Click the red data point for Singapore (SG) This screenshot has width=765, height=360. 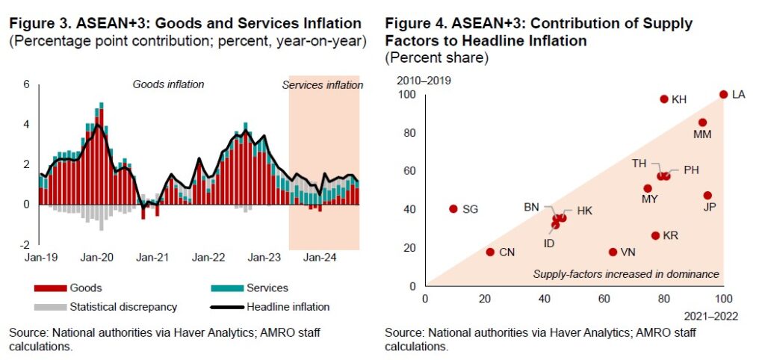(453, 209)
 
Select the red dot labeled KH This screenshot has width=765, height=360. (663, 99)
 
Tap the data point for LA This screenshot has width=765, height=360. (723, 94)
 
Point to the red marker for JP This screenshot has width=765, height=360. (707, 196)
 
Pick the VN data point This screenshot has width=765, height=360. (613, 252)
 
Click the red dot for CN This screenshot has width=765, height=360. (490, 252)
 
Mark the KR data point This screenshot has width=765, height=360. (655, 235)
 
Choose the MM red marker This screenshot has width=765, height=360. (702, 122)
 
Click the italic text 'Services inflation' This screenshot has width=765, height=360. (322, 85)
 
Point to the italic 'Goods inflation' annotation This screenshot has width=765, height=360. (168, 84)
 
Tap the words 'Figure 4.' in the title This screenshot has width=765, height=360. (413, 24)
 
